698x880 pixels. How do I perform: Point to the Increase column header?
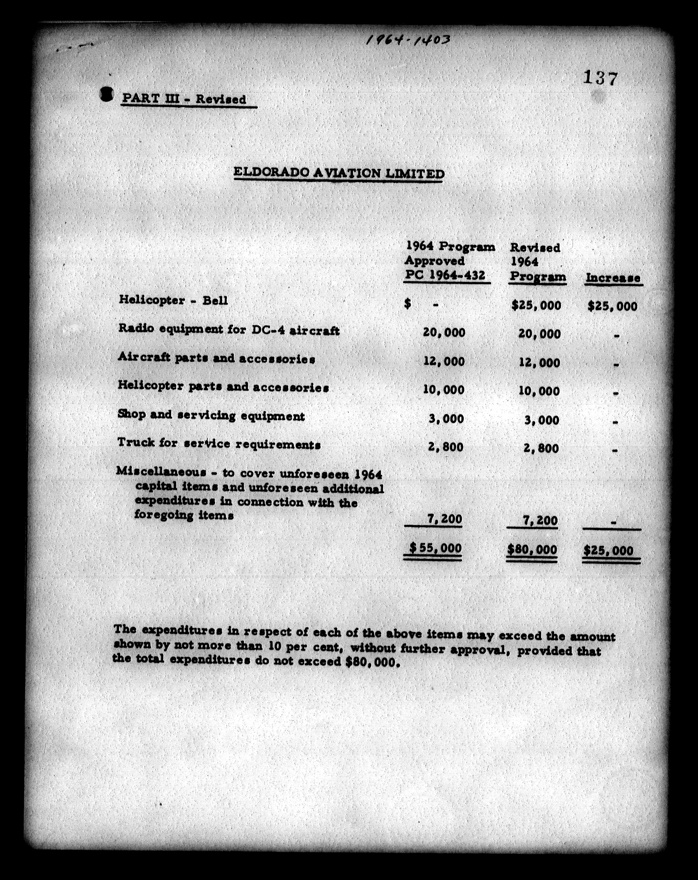pyautogui.click(x=613, y=278)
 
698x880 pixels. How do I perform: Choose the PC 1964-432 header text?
pyautogui.click(x=445, y=275)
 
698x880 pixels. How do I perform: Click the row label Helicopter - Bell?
pyautogui.click(x=173, y=300)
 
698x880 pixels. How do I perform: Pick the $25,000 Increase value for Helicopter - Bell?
pyautogui.click(x=612, y=306)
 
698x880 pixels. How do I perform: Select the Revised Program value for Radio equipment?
pyautogui.click(x=539, y=334)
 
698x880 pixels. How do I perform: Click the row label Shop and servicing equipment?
pyautogui.click(x=211, y=416)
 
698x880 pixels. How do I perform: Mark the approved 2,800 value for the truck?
pyautogui.click(x=445, y=447)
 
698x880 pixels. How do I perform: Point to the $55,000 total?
pyautogui.click(x=435, y=548)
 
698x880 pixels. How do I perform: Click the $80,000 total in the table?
pyautogui.click(x=532, y=549)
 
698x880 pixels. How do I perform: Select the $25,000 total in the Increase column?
pyautogui.click(x=609, y=551)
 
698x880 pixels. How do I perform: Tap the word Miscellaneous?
pyautogui.click(x=161, y=471)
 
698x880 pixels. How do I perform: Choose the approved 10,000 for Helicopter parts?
pyautogui.click(x=444, y=390)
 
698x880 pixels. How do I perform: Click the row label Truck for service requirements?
pyautogui.click(x=219, y=444)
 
